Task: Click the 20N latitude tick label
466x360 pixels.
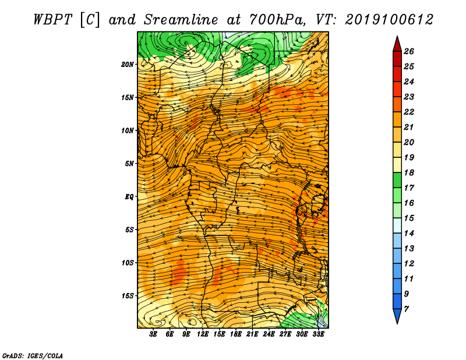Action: pyautogui.click(x=128, y=65)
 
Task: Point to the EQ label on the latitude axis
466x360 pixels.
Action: pyautogui.click(x=129, y=197)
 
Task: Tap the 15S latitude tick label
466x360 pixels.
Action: pyautogui.click(x=128, y=296)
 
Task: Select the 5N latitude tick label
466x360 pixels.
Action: pyautogui.click(x=129, y=164)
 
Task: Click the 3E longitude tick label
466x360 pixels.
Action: pyautogui.click(x=153, y=334)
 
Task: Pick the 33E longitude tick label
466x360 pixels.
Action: pyautogui.click(x=318, y=334)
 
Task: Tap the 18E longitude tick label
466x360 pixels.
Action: pyautogui.click(x=236, y=334)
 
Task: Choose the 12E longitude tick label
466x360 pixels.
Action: pyautogui.click(x=203, y=334)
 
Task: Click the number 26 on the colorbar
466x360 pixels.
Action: pyautogui.click(x=409, y=51)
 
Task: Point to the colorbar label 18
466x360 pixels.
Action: pyautogui.click(x=409, y=172)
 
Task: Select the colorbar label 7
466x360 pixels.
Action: pyautogui.click(x=406, y=309)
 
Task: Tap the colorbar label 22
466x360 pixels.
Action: pyautogui.click(x=409, y=112)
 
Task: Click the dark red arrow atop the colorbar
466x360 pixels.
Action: pyautogui.click(x=397, y=44)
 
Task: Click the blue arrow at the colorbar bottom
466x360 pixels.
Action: pyautogui.click(x=397, y=316)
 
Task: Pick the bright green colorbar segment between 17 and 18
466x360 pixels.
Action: pyautogui.click(x=397, y=180)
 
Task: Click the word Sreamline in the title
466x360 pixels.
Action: pyautogui.click(x=181, y=20)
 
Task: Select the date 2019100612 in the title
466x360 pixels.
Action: pyautogui.click(x=389, y=20)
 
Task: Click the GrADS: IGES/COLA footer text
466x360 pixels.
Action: pyautogui.click(x=33, y=355)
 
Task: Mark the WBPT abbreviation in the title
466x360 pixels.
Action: pyautogui.click(x=52, y=20)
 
